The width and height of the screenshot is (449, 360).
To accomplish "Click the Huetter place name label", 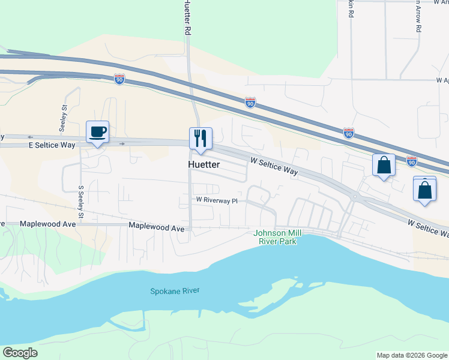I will coord(204,164).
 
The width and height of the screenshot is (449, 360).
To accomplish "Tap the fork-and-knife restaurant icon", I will coord(199,139).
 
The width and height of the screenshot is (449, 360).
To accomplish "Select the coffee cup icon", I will coord(97,132).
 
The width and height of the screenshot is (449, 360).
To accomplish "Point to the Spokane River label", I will coord(175,291).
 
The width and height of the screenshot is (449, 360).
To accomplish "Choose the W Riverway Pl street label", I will coord(217,200).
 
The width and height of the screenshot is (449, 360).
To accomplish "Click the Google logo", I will coord(20,353).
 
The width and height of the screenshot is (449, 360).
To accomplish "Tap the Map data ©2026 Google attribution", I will coord(412,355).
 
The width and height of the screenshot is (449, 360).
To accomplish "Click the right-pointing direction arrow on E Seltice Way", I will coord(122,144).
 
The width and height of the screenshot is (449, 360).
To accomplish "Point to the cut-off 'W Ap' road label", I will coord(442,79).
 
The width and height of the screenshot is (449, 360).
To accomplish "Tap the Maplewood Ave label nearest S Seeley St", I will coord(48,224).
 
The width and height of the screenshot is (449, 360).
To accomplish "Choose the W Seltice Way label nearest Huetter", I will coord(274,166).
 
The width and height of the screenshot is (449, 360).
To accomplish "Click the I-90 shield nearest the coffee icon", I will coord(120,79).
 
